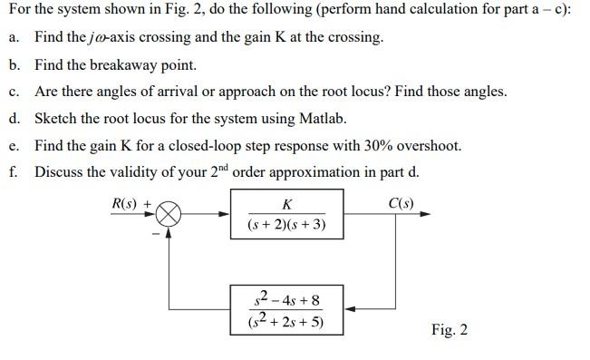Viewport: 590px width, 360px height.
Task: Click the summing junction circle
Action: point(169,214)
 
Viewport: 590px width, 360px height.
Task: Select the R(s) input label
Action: point(127,203)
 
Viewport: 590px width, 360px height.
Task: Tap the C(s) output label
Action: point(400,202)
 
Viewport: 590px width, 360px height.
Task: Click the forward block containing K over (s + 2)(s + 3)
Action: point(287,215)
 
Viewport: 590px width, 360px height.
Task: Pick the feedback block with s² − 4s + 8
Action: point(287,309)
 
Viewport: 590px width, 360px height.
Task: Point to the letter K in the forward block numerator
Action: point(287,203)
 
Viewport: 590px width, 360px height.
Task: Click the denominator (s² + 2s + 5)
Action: point(287,321)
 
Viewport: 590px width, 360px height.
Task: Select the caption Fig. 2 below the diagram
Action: point(450,329)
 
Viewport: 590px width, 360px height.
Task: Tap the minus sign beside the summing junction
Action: point(155,233)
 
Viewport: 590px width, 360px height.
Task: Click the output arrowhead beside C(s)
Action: point(425,215)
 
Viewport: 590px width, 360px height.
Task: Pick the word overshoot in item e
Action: point(427,145)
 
